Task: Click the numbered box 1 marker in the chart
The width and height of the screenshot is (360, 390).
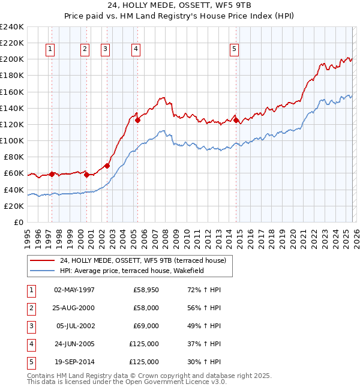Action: (x=50, y=49)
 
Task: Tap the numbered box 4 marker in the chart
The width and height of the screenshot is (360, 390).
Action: (x=136, y=49)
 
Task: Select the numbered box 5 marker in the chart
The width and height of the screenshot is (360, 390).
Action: (x=234, y=49)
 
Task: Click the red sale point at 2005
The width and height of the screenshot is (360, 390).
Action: (x=138, y=120)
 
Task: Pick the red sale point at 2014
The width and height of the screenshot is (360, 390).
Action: (x=236, y=120)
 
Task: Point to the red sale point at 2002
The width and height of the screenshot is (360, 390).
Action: (x=107, y=166)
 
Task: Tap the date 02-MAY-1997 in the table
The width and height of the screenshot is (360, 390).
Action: (x=74, y=290)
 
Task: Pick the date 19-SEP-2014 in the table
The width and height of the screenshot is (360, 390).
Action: (x=74, y=362)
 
